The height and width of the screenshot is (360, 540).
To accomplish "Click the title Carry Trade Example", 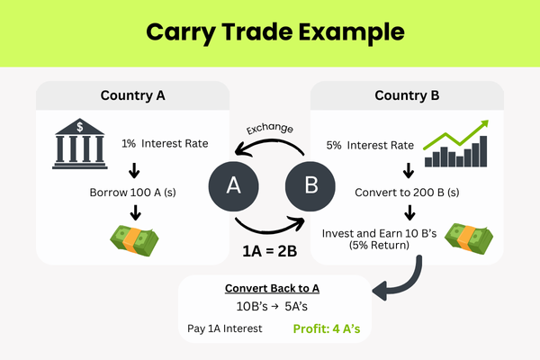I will (x=269, y=32).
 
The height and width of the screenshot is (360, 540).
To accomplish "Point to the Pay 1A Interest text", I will (x=226, y=328).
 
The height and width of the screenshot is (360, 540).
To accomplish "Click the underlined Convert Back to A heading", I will (x=270, y=287).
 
